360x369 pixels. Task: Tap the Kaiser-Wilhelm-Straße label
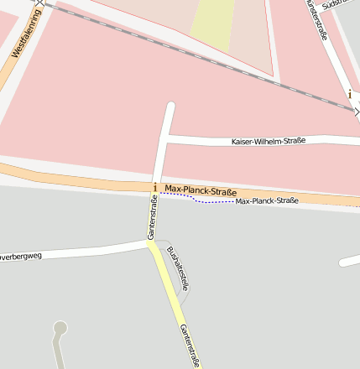click(269, 141)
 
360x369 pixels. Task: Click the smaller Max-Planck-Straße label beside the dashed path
click(267, 201)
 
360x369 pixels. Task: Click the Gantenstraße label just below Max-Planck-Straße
click(152, 217)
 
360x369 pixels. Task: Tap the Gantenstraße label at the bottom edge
click(189, 346)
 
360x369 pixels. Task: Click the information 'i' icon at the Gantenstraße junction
click(155, 187)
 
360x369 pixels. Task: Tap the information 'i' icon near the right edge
click(350, 95)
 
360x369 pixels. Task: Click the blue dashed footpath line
click(210, 201)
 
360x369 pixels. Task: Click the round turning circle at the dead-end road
click(60, 327)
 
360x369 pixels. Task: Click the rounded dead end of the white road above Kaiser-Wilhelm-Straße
click(170, 107)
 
